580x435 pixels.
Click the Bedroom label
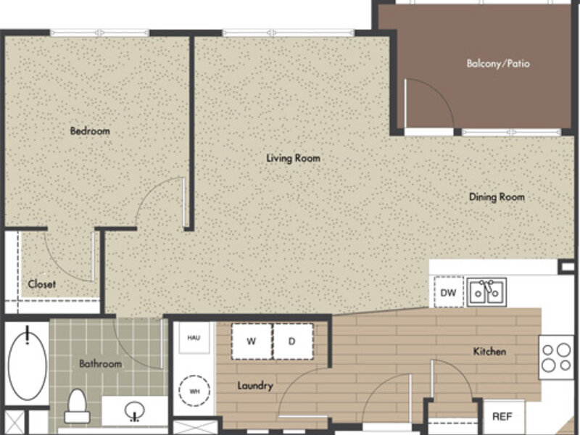click(x=90, y=131)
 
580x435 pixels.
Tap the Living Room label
click(x=294, y=158)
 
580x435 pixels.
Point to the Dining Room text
click(x=497, y=196)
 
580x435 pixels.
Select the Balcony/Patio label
click(x=498, y=64)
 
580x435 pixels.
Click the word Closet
click(x=42, y=284)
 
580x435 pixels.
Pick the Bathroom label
click(x=100, y=364)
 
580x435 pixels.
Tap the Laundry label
click(x=255, y=386)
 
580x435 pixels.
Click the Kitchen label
click(x=489, y=352)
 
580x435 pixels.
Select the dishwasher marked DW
click(x=449, y=292)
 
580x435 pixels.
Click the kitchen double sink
click(x=486, y=292)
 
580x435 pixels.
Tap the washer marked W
click(x=252, y=341)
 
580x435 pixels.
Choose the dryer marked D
click(x=293, y=341)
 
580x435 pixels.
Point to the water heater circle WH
click(x=194, y=391)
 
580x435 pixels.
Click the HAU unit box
click(x=194, y=338)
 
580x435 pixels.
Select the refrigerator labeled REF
click(x=503, y=416)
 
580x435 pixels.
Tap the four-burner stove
click(x=556, y=357)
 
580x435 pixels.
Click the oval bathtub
click(x=28, y=364)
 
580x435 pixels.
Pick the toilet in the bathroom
click(x=78, y=406)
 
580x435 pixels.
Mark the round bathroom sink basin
click(x=135, y=410)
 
